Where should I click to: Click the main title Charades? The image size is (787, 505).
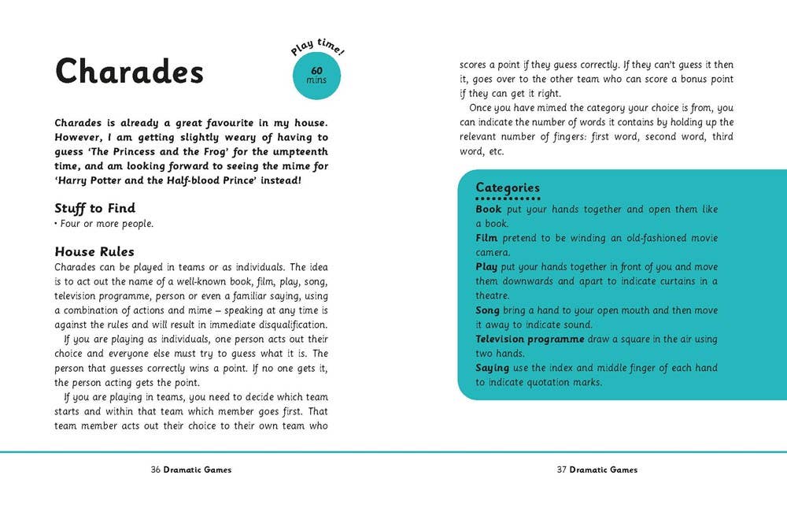pos(129,72)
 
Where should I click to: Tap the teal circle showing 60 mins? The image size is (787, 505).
pos(318,76)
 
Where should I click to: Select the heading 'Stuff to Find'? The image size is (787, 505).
pos(94,209)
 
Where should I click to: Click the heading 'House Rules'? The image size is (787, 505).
pos(94,252)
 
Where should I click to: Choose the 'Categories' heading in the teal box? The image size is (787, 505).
pos(508,188)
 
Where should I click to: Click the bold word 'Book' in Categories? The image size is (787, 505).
pos(489,210)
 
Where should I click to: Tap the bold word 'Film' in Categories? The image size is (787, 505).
pos(487,238)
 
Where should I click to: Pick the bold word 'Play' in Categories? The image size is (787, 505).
pos(487,267)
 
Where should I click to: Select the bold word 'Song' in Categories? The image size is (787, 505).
pos(488,310)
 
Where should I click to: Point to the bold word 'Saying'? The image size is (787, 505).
pos(493,368)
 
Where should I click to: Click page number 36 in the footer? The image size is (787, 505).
pos(156,470)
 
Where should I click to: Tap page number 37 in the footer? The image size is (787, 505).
pos(562,470)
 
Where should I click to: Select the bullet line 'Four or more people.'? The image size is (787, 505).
pos(104,224)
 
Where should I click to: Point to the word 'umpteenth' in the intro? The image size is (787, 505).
pos(301,151)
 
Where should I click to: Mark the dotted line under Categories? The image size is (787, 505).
pos(508,199)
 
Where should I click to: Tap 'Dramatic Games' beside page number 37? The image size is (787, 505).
pos(604,470)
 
